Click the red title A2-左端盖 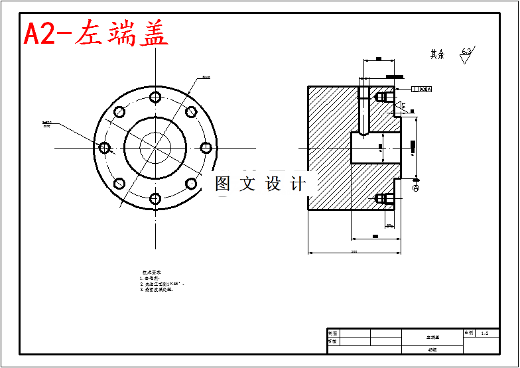pyautogui.click(x=96, y=33)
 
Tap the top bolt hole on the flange pyautogui.click(x=155, y=97)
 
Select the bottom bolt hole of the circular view pyautogui.click(x=155, y=198)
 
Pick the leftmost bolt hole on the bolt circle pyautogui.click(x=105, y=147)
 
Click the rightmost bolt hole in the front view pyautogui.click(x=206, y=147)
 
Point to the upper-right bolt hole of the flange pyautogui.click(x=191, y=111)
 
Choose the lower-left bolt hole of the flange pyautogui.click(x=119, y=184)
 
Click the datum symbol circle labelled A pyautogui.click(x=416, y=189)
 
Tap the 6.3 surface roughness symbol pyautogui.click(x=466, y=54)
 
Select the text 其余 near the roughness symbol pyautogui.click(x=437, y=54)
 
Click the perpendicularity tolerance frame pyautogui.click(x=421, y=89)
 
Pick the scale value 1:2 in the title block pyautogui.click(x=485, y=334)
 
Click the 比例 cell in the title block pyautogui.click(x=468, y=334)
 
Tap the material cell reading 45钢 pyautogui.click(x=432, y=349)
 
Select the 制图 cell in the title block pyautogui.click(x=333, y=334)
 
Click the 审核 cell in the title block pyautogui.click(x=333, y=341)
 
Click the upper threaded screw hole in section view pyautogui.click(x=381, y=97)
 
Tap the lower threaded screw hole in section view pyautogui.click(x=381, y=198)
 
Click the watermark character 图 pyautogui.click(x=223, y=184)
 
